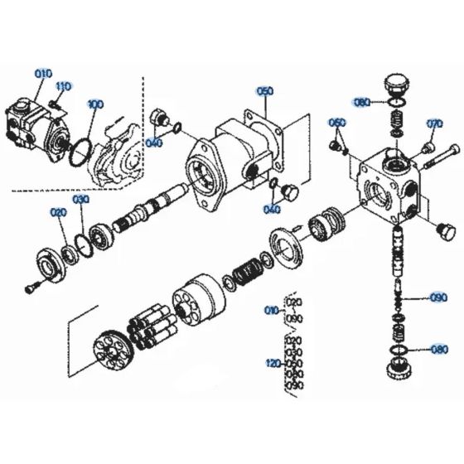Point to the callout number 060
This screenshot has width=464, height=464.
(x=336, y=123)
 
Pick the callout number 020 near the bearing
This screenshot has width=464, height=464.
(x=58, y=213)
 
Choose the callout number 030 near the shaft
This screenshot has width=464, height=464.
(x=80, y=201)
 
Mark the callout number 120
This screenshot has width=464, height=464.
(x=273, y=363)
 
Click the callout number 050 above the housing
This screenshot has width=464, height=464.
(x=264, y=92)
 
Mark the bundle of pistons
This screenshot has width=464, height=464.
(x=151, y=322)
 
